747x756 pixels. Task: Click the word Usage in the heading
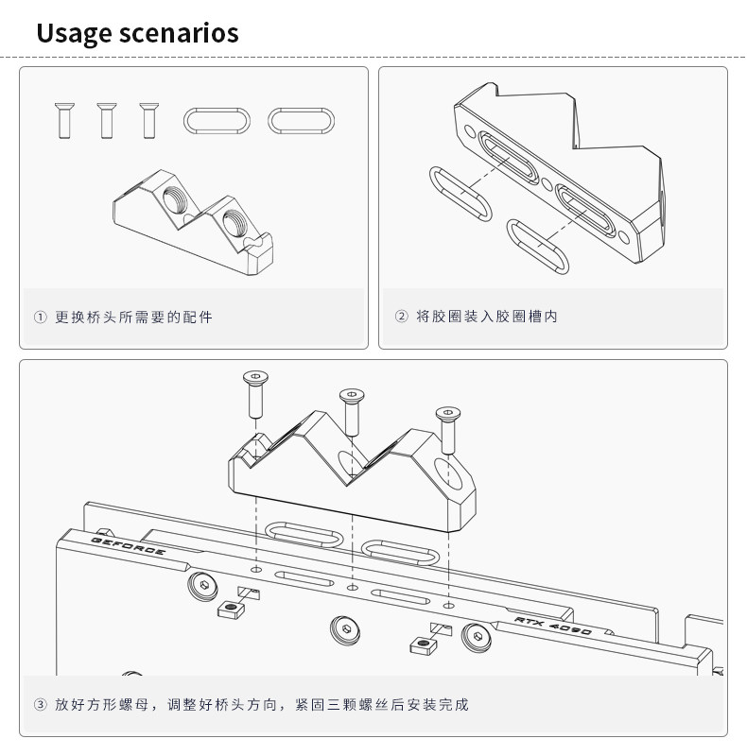click(x=76, y=35)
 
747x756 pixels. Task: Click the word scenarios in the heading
click(x=180, y=35)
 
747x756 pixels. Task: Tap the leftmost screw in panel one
click(x=64, y=119)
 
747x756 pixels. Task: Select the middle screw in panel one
click(x=105, y=119)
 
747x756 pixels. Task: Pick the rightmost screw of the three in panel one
click(x=147, y=119)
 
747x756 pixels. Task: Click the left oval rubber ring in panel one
click(x=218, y=120)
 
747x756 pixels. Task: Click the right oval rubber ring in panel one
click(x=302, y=120)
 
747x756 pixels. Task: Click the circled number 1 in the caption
click(x=40, y=317)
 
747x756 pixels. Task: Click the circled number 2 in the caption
click(x=401, y=317)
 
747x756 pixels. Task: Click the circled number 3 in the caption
click(x=40, y=705)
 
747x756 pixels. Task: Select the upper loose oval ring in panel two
click(x=460, y=193)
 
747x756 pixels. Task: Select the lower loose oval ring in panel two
click(x=539, y=246)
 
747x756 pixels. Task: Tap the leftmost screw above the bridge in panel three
click(x=254, y=393)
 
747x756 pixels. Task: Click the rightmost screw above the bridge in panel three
click(x=445, y=424)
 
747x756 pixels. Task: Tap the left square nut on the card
click(x=232, y=609)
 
